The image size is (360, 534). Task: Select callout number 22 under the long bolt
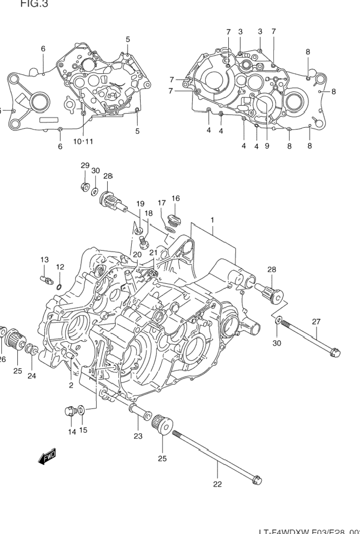point(217,483)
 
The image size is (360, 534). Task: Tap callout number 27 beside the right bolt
point(316,322)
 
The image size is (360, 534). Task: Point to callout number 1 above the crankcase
point(213,220)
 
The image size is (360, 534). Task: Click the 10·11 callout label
point(83,141)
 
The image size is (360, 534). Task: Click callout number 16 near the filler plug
point(175,199)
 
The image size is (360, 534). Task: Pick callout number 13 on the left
point(45,260)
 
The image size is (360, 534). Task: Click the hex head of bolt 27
point(335,351)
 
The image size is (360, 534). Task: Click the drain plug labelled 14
point(70,411)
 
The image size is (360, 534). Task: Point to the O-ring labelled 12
point(58,286)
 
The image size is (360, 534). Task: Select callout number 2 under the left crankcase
point(71,385)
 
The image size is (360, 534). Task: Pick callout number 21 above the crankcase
point(153,253)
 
